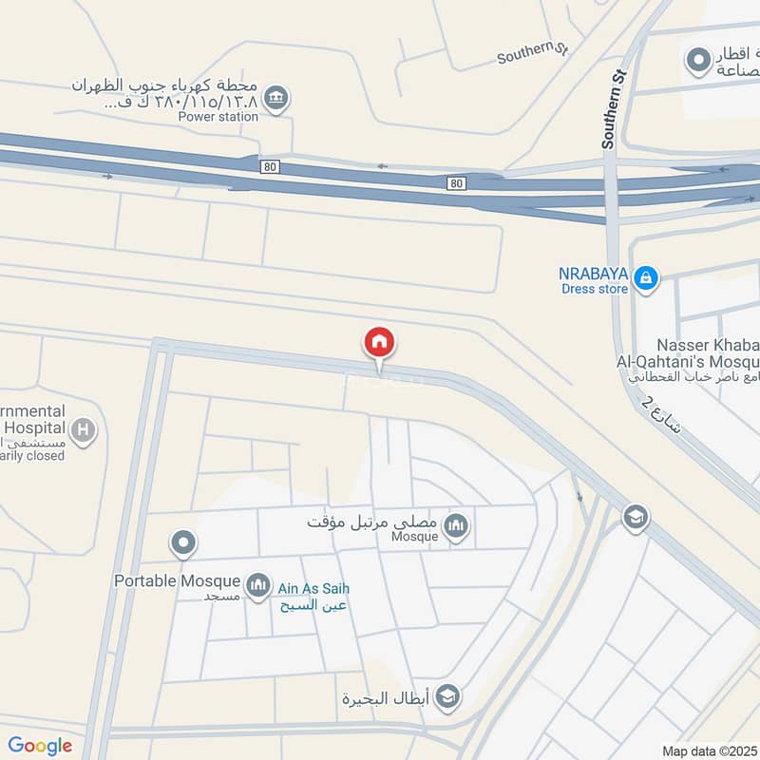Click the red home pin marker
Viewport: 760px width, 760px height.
[x=379, y=344]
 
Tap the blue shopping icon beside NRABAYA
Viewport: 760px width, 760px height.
[x=645, y=277]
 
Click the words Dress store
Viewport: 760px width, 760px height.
[x=593, y=289]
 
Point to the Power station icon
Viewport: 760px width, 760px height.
[x=276, y=98]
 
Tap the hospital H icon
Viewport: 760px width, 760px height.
[x=84, y=432]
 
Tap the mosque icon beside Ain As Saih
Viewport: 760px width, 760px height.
[x=258, y=586]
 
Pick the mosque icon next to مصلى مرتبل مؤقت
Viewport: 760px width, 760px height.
[x=456, y=525]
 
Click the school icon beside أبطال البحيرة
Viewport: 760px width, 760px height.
[x=448, y=698]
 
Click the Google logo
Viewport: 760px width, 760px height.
[x=40, y=746]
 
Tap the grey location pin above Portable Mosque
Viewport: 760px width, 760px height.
[x=183, y=544]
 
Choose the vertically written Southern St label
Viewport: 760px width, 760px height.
[x=614, y=108]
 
